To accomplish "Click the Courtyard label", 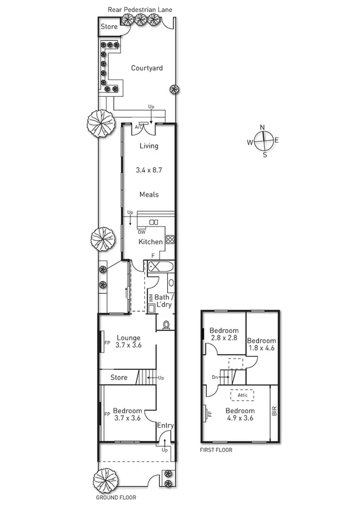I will point(147,68).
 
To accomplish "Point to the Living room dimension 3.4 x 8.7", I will point(148,170).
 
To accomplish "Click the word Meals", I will point(148,194).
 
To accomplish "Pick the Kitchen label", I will point(151,242).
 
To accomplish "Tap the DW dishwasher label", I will point(141,232).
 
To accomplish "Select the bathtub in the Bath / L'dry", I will point(160,268).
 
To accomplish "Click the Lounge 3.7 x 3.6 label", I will point(129,341).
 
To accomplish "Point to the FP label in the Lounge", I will point(107,343).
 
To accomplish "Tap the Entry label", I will point(165,426).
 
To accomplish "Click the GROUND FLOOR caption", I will point(116,498).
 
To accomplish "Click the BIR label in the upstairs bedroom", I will point(274,412).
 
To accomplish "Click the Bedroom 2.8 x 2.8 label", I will point(224,334).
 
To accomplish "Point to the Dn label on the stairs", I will point(215,378).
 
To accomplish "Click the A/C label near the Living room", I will point(139,127).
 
